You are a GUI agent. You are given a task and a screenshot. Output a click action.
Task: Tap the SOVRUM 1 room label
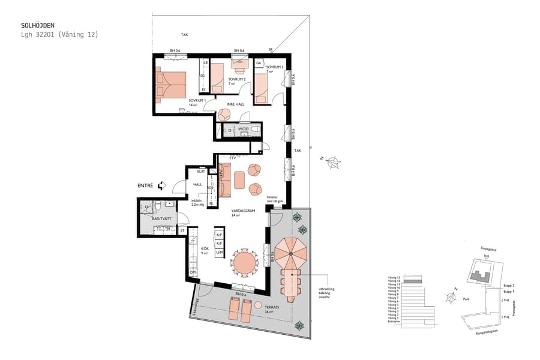197,100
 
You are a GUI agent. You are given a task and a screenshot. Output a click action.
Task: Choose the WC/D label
243,129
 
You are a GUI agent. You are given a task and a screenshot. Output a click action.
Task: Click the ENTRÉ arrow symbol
161,187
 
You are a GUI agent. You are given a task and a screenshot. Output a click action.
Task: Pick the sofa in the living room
225,181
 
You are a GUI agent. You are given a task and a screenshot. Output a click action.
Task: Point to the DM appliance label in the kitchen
193,272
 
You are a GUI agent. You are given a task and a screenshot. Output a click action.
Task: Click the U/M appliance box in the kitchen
220,253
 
